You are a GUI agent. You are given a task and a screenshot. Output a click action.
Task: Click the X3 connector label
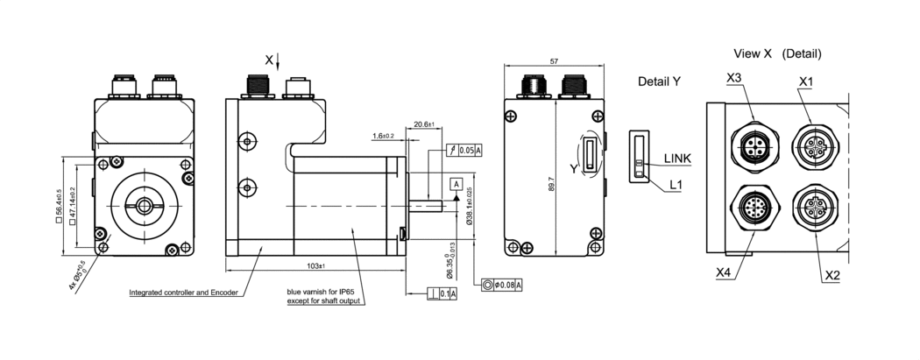[x=734, y=79]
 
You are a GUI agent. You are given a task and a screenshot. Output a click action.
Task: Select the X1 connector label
[x=806, y=81]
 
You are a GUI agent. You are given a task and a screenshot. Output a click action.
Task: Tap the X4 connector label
[x=723, y=272]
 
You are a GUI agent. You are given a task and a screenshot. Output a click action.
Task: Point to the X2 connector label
[x=832, y=275]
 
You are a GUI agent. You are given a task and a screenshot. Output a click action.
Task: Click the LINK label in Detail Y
[x=678, y=158]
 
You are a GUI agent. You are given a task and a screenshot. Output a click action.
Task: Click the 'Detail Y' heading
[x=660, y=81]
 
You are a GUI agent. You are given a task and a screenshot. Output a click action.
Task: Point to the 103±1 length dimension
[x=315, y=265]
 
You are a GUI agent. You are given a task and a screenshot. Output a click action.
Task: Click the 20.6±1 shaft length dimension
[x=425, y=124]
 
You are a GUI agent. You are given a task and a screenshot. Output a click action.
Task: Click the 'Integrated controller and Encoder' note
[x=183, y=293]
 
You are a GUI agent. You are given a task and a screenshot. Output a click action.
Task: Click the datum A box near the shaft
[x=456, y=183]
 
